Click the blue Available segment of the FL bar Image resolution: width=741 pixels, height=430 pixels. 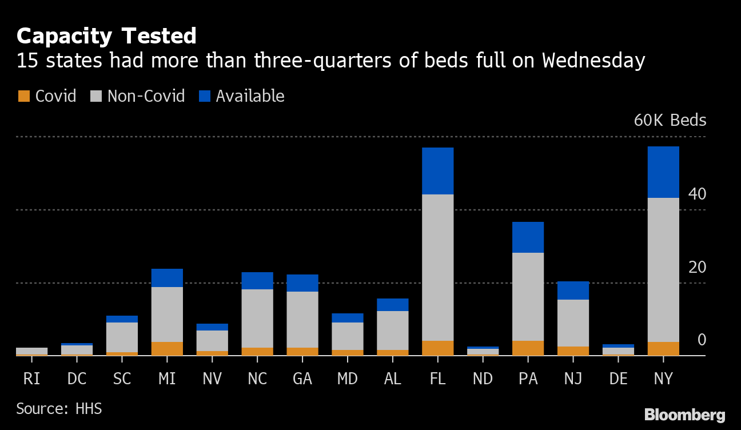437,171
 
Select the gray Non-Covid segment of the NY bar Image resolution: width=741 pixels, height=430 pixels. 663,269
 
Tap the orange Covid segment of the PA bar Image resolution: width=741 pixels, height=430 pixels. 528,348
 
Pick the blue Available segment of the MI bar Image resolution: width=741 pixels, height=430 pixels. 167,278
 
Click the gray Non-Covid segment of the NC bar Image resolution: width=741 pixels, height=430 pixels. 257,318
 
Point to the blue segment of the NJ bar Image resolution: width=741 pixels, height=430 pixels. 573,290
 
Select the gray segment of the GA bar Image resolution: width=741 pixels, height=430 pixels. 302,319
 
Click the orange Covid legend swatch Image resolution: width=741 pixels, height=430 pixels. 23,96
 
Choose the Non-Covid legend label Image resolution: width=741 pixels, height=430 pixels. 146,96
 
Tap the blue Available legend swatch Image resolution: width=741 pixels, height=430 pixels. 205,96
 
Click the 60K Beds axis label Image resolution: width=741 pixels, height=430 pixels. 670,121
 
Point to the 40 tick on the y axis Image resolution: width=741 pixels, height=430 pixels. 697,194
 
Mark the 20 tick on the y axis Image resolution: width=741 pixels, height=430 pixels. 697,268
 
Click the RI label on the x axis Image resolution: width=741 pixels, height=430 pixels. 31,379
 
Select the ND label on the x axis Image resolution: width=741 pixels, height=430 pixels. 483,379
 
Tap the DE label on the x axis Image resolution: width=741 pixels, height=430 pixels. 618,379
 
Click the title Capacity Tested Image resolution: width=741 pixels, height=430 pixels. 106,36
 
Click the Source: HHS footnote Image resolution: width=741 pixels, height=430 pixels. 59,409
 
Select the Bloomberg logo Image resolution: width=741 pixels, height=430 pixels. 684,415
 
